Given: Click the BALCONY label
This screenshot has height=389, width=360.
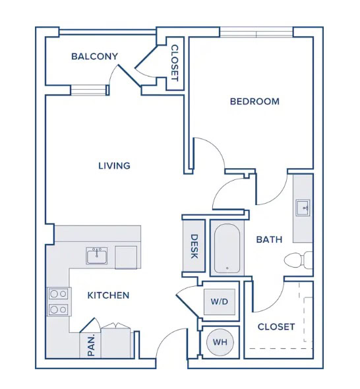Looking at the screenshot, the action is click(x=94, y=56).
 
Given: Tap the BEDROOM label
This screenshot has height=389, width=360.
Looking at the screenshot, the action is click(x=255, y=102).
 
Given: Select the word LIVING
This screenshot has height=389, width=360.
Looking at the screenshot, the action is click(x=114, y=165).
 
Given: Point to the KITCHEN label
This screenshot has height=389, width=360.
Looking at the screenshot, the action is click(x=108, y=295).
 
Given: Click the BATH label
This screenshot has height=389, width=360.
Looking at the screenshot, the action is click(x=269, y=239).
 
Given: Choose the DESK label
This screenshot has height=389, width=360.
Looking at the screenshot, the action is click(x=195, y=247).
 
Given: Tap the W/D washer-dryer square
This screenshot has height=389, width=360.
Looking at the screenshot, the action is click(x=220, y=302).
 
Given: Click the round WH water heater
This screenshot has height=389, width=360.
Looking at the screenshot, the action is click(x=220, y=342).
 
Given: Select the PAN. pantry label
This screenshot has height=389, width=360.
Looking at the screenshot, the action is click(x=91, y=345).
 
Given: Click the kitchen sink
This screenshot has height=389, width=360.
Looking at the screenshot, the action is click(x=97, y=256).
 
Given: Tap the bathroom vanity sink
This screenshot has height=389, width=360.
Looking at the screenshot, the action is click(x=303, y=208).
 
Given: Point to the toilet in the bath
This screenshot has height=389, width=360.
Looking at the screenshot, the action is click(x=298, y=260).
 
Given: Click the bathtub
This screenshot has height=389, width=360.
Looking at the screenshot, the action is click(x=227, y=249).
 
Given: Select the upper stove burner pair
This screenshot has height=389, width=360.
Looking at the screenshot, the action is click(x=59, y=294).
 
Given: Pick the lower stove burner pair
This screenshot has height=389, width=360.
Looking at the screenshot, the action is click(x=59, y=309).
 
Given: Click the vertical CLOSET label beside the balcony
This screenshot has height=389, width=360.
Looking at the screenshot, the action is click(x=175, y=63).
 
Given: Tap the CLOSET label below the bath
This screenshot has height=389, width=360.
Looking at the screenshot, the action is click(x=276, y=327).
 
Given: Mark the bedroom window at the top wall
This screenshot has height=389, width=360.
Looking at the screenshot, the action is click(x=256, y=32).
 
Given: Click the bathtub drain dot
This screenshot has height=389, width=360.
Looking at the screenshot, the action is click(x=227, y=268).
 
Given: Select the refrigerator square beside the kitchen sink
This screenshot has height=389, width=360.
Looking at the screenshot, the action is click(x=126, y=258).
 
